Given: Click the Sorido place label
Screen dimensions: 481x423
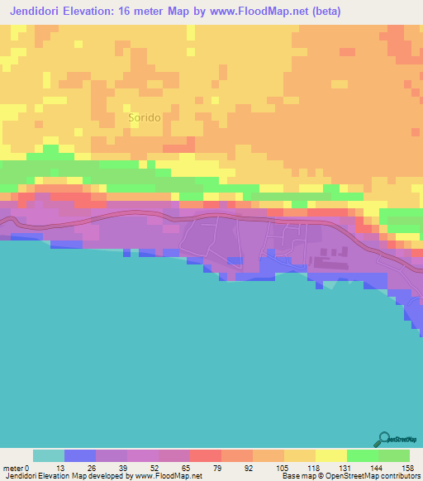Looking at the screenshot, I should tap(145, 118).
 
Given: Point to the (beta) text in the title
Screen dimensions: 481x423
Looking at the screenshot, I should tap(322, 12).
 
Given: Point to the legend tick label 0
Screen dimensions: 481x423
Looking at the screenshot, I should tap(28, 468).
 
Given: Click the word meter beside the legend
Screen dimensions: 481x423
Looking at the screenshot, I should tap(12, 468).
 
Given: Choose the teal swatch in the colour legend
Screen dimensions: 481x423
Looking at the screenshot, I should tap(48, 455).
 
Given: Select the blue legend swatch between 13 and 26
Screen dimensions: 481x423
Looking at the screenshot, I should tap(79, 455).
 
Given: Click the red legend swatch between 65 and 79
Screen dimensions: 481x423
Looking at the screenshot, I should tap(205, 455).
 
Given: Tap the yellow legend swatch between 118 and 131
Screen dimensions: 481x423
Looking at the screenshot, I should tap(330, 455).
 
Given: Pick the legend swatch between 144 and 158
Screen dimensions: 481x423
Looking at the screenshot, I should tap(393, 455).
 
